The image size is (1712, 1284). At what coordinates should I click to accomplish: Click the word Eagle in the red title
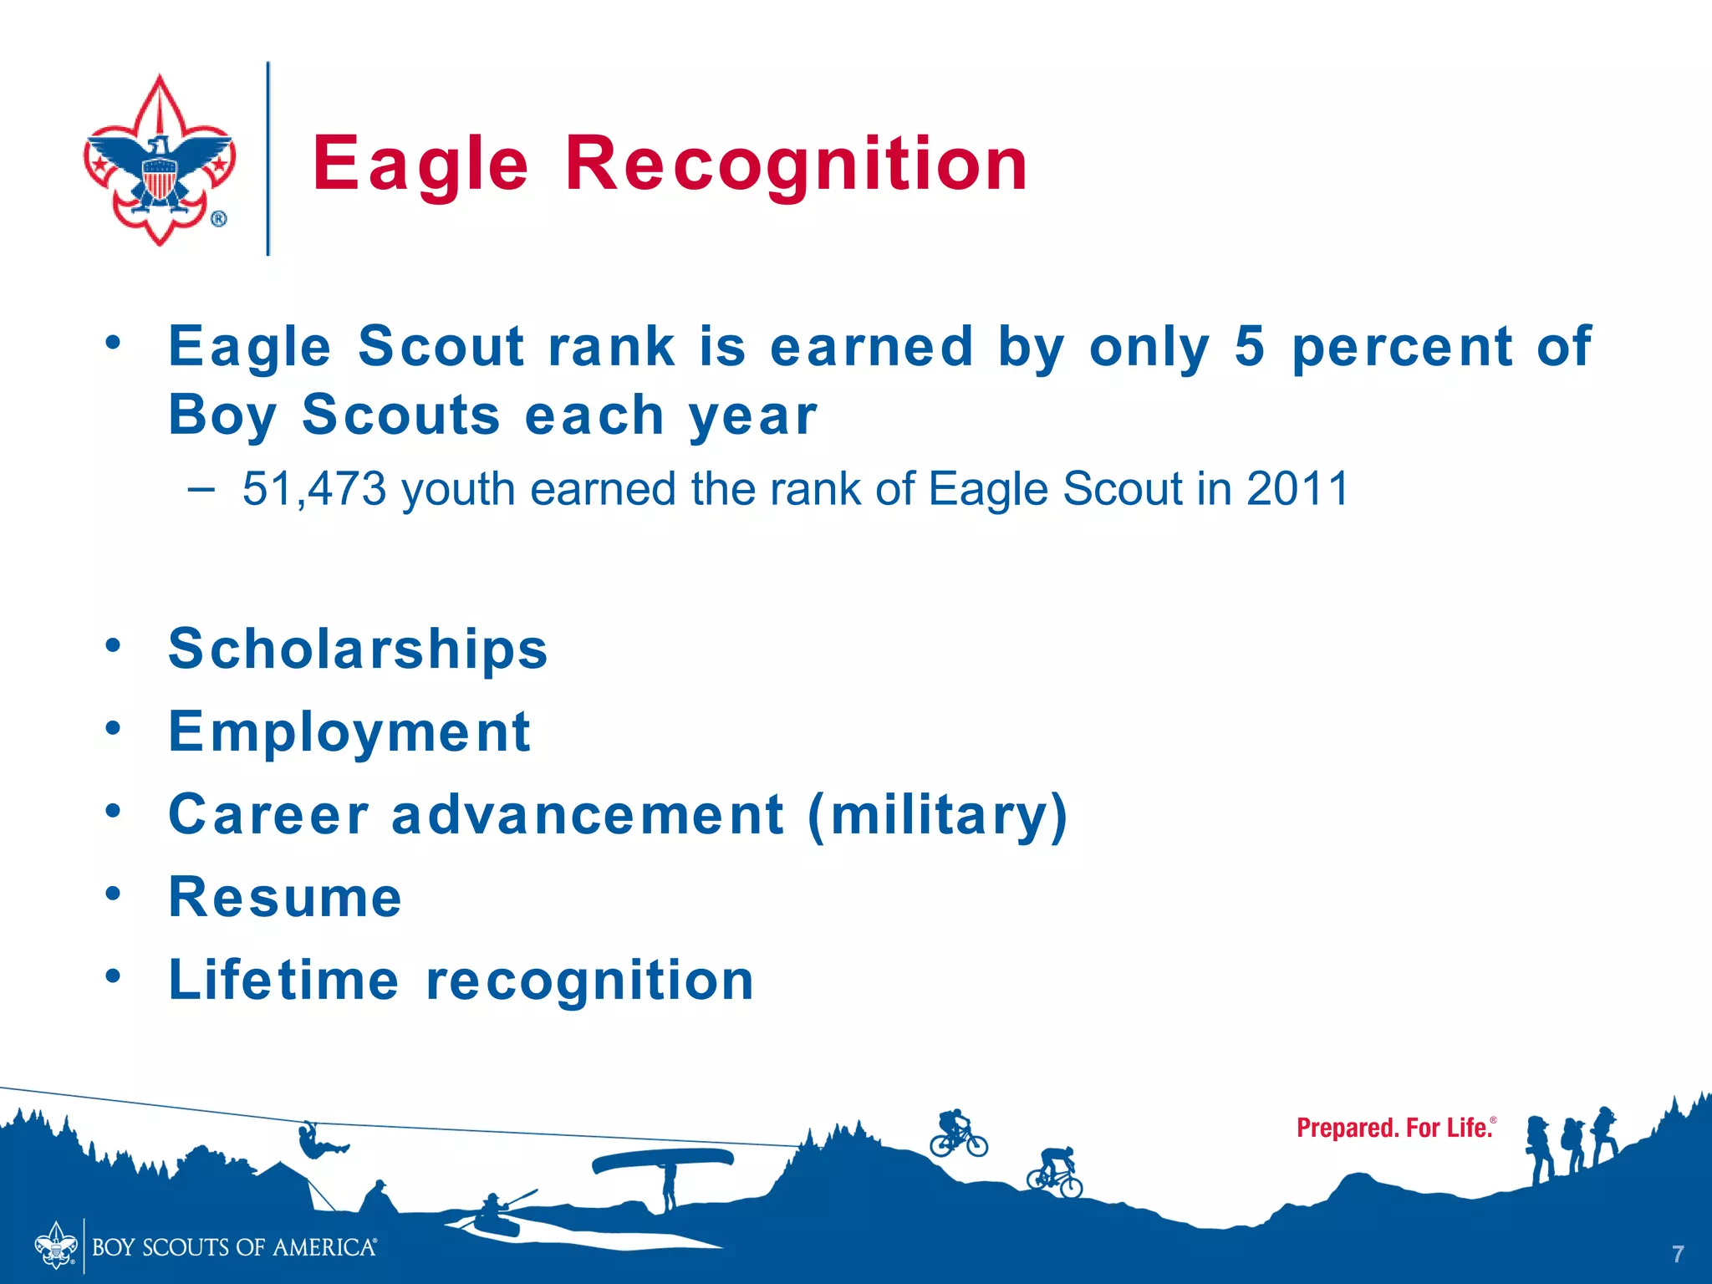tap(420, 165)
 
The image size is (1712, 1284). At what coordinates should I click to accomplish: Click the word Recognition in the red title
tap(796, 165)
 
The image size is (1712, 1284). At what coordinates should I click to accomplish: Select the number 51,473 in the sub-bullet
tap(314, 489)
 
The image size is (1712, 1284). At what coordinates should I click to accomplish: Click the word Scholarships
tap(358, 650)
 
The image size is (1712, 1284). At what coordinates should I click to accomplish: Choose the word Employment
tap(349, 732)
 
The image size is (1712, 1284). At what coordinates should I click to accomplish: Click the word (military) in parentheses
tap(938, 815)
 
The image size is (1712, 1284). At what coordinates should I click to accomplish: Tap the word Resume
tap(285, 898)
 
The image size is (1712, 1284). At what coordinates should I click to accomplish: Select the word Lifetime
tap(284, 980)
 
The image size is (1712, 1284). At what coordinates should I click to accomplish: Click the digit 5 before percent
tap(1249, 347)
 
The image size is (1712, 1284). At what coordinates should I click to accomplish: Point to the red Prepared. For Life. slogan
tap(1394, 1128)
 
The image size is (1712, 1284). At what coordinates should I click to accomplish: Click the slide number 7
tap(1677, 1254)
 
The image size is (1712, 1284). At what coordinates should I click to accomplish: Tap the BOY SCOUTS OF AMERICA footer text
tap(234, 1248)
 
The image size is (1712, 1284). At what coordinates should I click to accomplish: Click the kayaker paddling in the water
tap(493, 1208)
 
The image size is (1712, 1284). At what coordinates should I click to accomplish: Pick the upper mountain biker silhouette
tap(958, 1134)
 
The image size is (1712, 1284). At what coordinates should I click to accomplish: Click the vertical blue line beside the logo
tap(268, 159)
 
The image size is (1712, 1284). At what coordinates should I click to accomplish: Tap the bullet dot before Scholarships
tap(114, 645)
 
